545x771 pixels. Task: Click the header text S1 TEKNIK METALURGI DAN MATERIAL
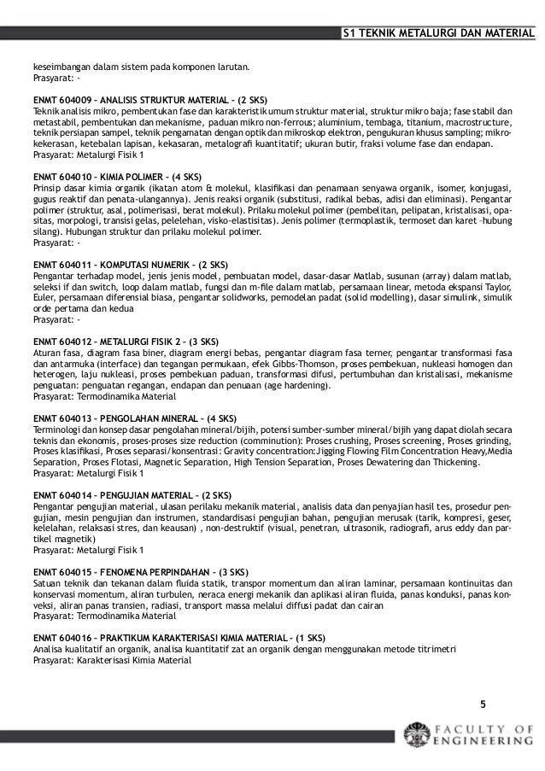(x=437, y=34)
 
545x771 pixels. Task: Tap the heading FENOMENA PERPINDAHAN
(x=154, y=569)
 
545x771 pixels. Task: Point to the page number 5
(x=482, y=704)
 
